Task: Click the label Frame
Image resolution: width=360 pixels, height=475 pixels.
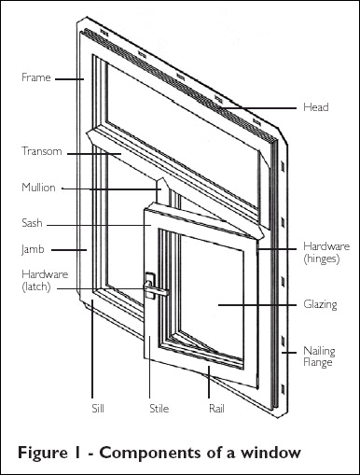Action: pyautogui.click(x=35, y=77)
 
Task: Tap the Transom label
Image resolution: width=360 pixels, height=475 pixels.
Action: pyautogui.click(x=42, y=151)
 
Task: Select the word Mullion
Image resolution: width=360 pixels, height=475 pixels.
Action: pyautogui.click(x=38, y=188)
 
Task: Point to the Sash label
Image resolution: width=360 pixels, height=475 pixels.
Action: pyautogui.click(x=32, y=223)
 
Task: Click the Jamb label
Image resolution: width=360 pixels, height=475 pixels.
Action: pyautogui.click(x=33, y=249)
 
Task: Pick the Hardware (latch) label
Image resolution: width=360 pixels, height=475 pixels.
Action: pyautogui.click(x=45, y=280)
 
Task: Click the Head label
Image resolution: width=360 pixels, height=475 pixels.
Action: pyautogui.click(x=316, y=107)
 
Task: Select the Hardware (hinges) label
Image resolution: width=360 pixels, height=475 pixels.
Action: pyautogui.click(x=326, y=252)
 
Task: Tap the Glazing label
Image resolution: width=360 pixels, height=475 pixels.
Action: pyautogui.click(x=320, y=304)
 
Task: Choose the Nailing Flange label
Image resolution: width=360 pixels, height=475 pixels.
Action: pyautogui.click(x=319, y=356)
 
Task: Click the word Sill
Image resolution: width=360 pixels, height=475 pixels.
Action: pyautogui.click(x=98, y=409)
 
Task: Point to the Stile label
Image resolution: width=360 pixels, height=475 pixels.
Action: pyautogui.click(x=159, y=409)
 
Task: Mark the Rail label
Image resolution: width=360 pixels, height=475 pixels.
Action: pyautogui.click(x=216, y=409)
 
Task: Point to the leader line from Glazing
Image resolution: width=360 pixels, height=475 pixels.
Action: pyautogui.click(x=257, y=305)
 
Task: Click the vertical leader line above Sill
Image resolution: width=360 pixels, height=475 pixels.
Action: pyautogui.click(x=92, y=348)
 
